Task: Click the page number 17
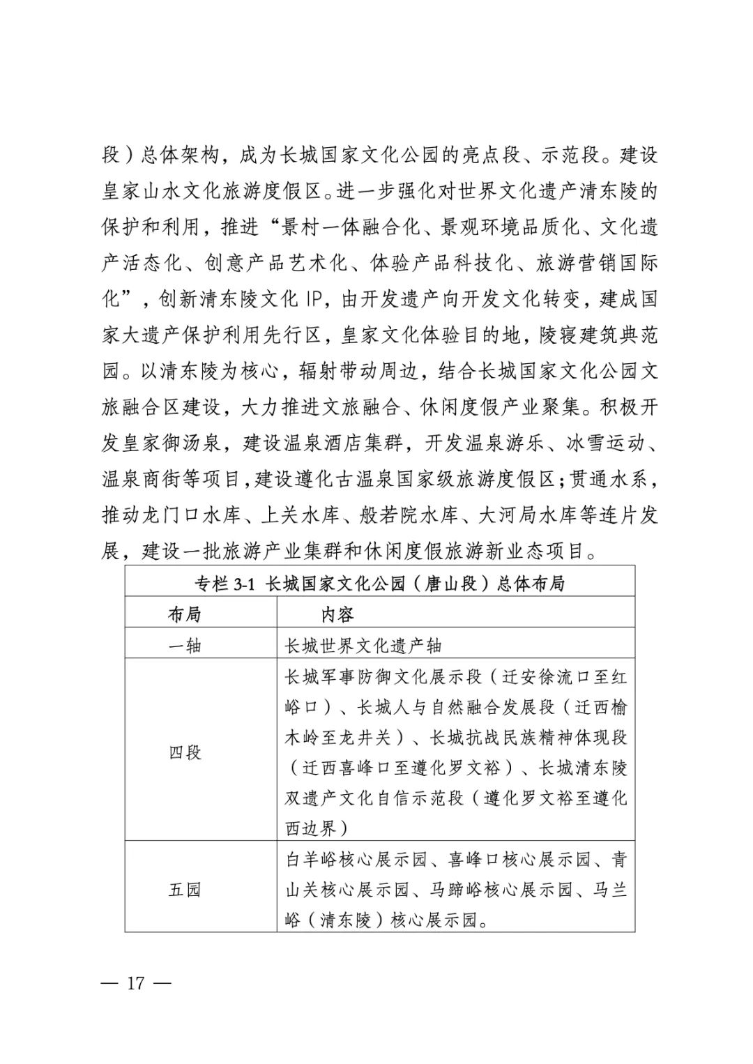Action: click(135, 984)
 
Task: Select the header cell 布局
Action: click(185, 614)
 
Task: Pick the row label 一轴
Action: click(185, 646)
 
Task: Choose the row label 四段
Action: click(185, 752)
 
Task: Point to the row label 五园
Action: click(185, 890)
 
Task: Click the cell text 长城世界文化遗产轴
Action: click(363, 646)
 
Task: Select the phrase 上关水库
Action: click(300, 515)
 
